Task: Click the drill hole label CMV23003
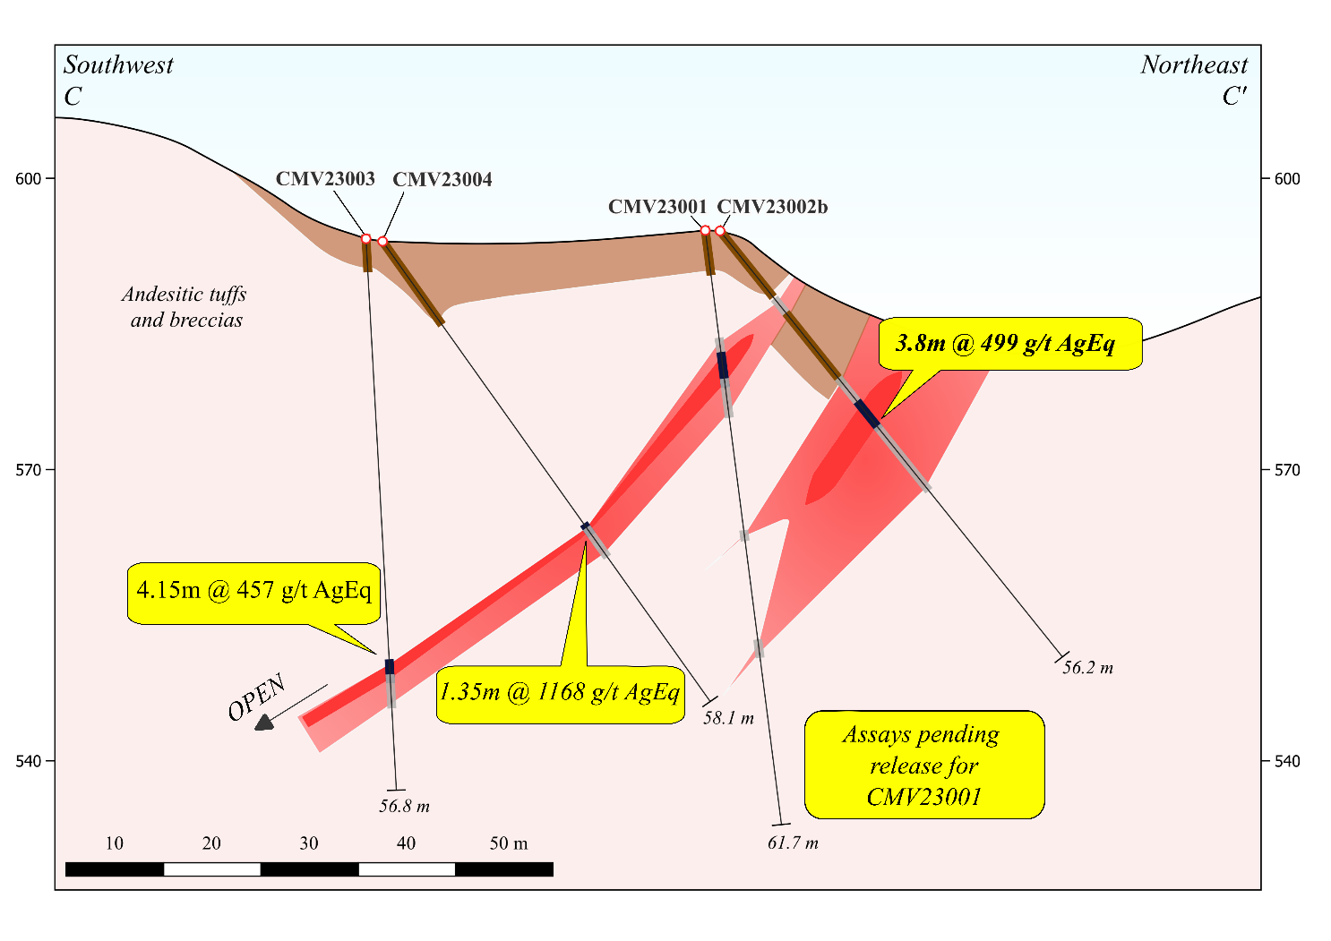tap(325, 179)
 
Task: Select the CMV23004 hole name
tap(442, 179)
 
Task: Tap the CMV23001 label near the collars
tap(657, 207)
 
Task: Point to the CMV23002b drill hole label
tap(772, 207)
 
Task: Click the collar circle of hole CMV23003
tap(366, 239)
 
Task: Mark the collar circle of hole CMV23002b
tap(720, 230)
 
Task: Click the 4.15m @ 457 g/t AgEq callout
tap(253, 593)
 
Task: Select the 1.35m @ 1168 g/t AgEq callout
tap(561, 694)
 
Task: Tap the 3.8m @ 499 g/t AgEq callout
tap(1010, 344)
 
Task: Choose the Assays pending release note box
tap(924, 766)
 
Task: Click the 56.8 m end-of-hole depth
tap(405, 806)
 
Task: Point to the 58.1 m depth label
tap(728, 718)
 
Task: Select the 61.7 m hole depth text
tap(793, 843)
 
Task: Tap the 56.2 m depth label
tap(1088, 668)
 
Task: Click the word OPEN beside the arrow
tap(257, 698)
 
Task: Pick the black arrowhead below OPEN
tap(264, 723)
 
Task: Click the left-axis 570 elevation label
tap(28, 470)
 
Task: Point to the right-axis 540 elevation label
tap(1287, 761)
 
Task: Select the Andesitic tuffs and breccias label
tap(185, 307)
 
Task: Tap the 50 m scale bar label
tap(509, 843)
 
